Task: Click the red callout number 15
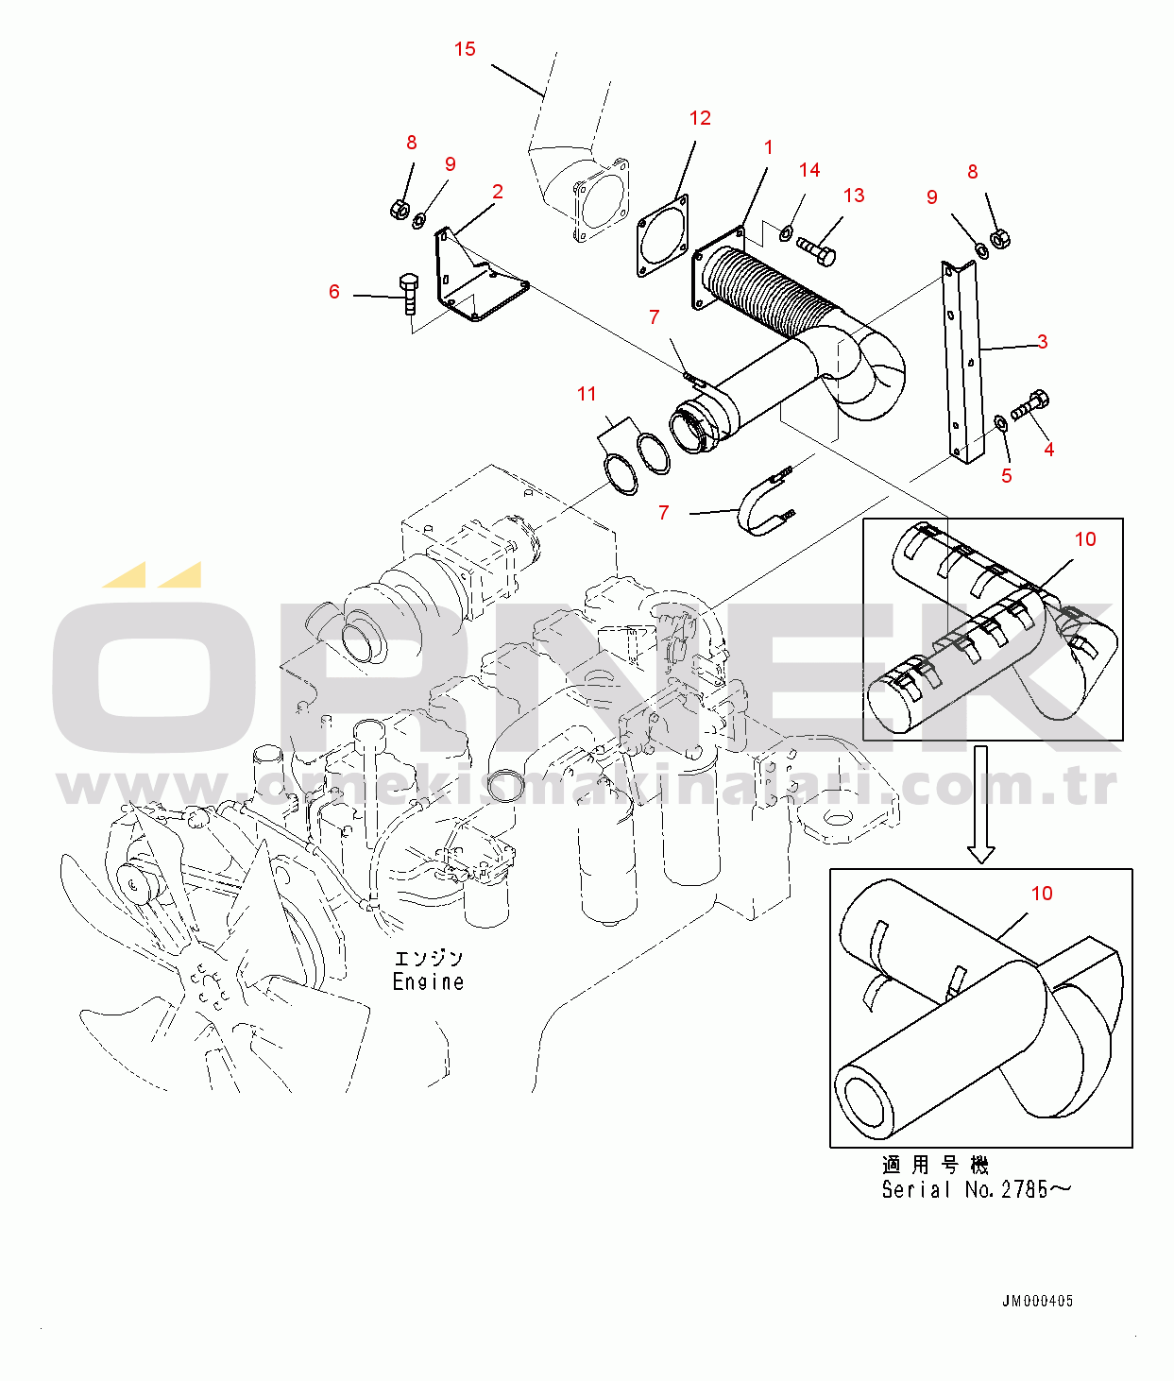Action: coord(465,49)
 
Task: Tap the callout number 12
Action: coord(700,118)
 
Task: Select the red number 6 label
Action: coord(334,292)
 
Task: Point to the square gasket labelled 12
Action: coord(662,236)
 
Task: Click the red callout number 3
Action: coord(1042,342)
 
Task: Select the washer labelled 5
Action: coord(1001,421)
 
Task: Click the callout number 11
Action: coord(587,394)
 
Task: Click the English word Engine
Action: coord(428,982)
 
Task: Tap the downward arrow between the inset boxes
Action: coord(981,803)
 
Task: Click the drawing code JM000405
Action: coord(1037,1302)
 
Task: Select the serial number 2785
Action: coord(1025,1190)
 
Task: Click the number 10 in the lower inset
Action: coord(1042,894)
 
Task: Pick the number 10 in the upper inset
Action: coord(1085,539)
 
